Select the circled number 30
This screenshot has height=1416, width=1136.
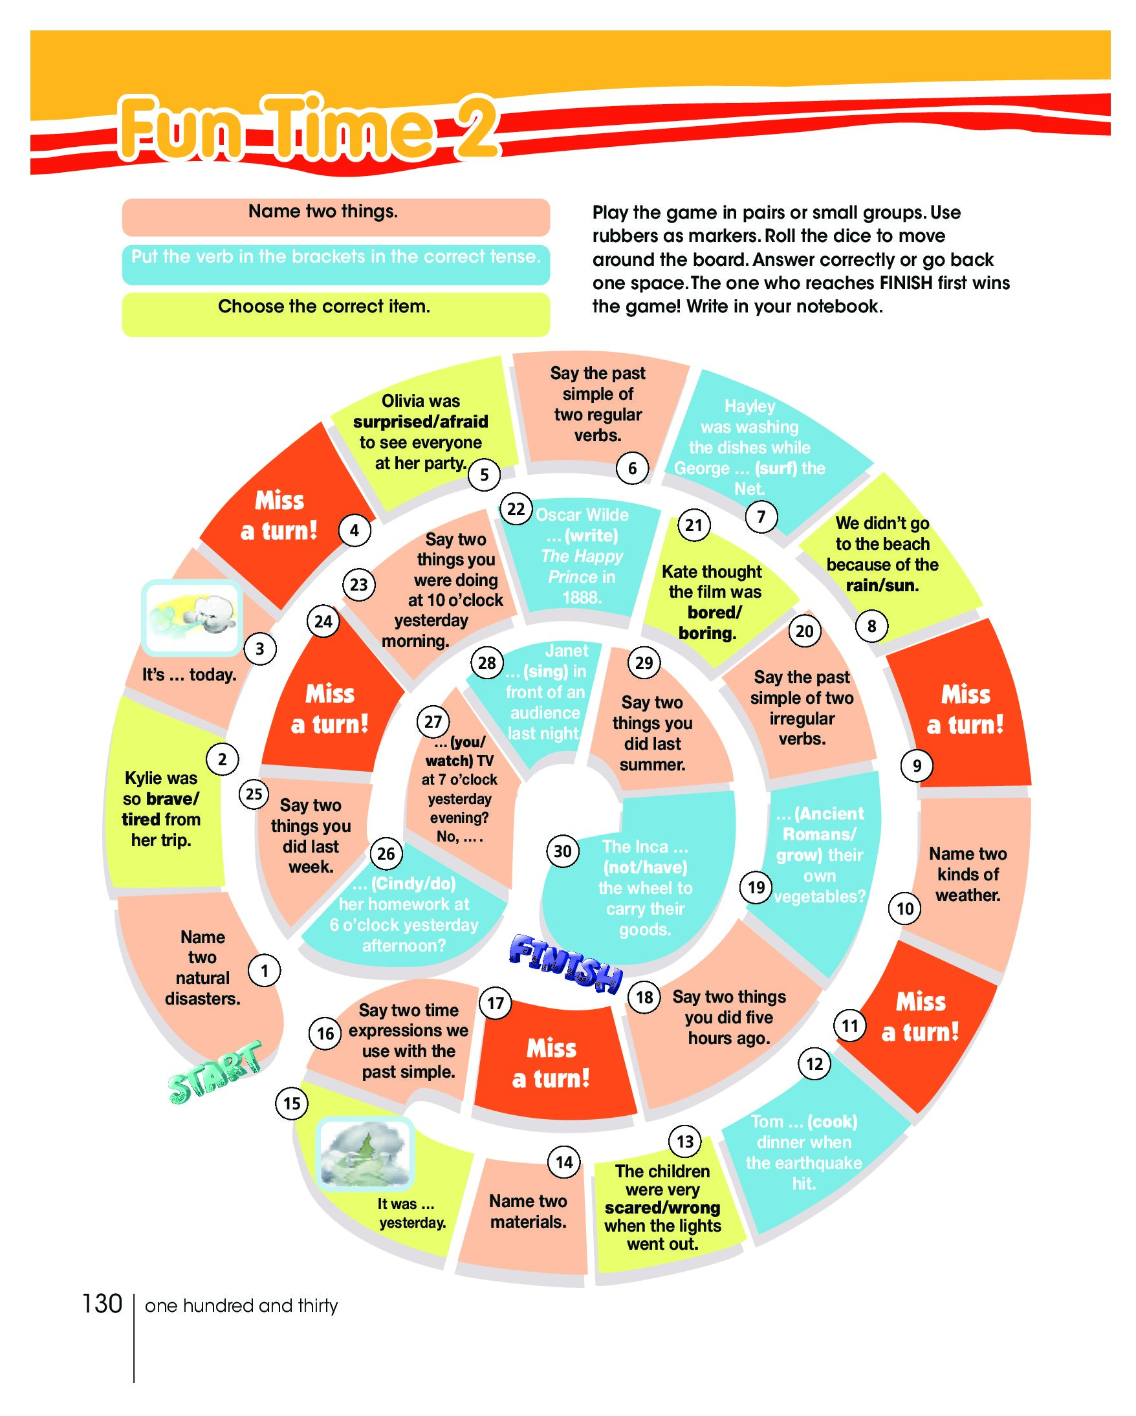click(563, 851)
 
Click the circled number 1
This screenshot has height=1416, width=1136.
click(264, 970)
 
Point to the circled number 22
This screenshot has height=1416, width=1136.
click(516, 509)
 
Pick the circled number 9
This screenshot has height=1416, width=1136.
click(917, 765)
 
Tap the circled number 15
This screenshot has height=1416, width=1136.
click(292, 1103)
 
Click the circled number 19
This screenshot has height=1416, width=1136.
click(756, 888)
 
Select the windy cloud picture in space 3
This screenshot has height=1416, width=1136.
click(191, 617)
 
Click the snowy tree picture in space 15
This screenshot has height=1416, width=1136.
click(366, 1155)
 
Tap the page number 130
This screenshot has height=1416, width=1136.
click(102, 1303)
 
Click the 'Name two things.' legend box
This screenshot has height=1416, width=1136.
click(336, 217)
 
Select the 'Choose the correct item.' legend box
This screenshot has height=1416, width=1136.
click(336, 314)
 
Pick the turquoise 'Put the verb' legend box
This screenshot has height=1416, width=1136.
click(336, 264)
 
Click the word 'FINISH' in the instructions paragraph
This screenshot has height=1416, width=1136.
click(906, 283)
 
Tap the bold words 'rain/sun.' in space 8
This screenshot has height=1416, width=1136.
click(882, 585)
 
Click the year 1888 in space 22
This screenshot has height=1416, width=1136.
click(581, 597)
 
